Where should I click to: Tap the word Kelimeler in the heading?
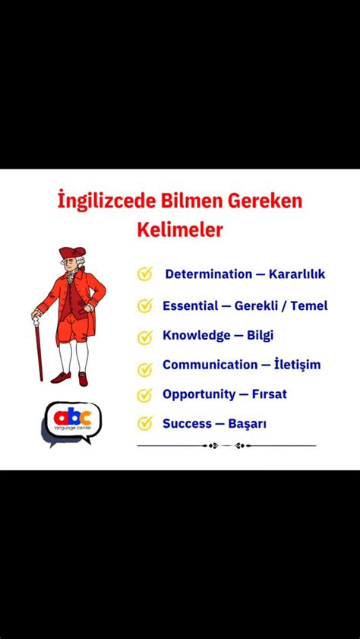click(x=179, y=229)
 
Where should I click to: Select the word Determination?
click(x=208, y=274)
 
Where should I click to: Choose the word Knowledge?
click(x=196, y=335)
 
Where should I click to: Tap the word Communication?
click(x=210, y=365)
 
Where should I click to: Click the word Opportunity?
click(x=198, y=394)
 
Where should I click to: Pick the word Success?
click(x=186, y=423)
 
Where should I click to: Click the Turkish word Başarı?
click(x=247, y=423)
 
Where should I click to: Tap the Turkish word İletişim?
click(x=298, y=365)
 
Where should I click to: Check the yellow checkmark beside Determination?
click(x=145, y=274)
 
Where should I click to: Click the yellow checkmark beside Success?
click(x=145, y=423)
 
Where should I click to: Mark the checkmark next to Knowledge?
click(x=145, y=336)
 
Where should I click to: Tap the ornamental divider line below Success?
click(x=226, y=445)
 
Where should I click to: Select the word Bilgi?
click(x=261, y=335)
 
